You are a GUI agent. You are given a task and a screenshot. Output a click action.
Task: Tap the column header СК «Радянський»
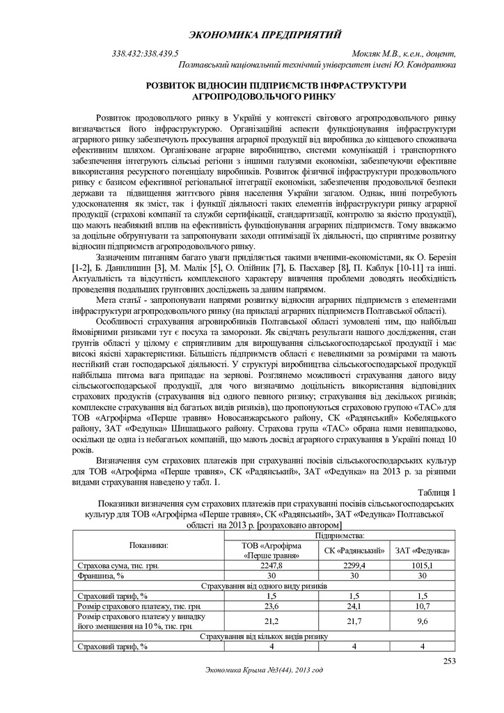point(355,551)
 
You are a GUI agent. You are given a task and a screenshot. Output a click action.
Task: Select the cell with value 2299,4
point(355,565)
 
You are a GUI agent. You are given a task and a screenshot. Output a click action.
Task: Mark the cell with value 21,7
point(355,621)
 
